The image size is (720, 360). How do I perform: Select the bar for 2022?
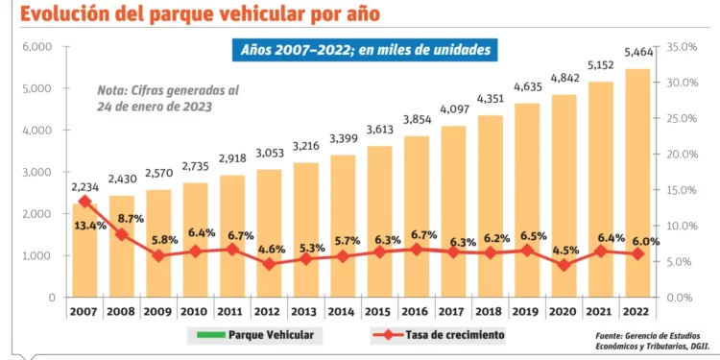pyautogui.click(x=636, y=182)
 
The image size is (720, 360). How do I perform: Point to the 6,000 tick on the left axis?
pyautogui.click(x=36, y=47)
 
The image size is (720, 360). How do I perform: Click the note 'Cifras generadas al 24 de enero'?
pyautogui.click(x=169, y=98)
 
